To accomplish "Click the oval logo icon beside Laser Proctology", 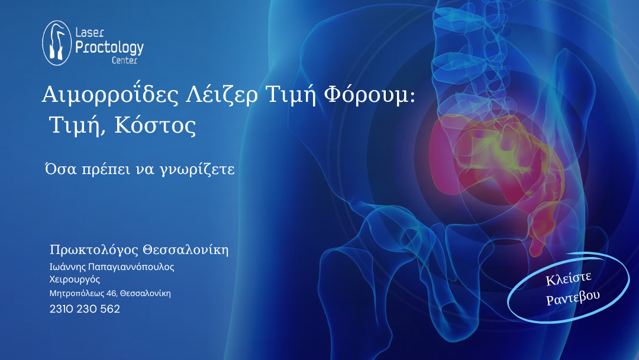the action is [x=57, y=43].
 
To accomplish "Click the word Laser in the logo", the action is [x=90, y=32].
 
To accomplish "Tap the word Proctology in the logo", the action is [x=109, y=48].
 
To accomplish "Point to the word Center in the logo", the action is [x=125, y=60].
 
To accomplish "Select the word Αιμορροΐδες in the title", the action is [x=110, y=94].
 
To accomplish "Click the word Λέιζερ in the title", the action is [x=222, y=94].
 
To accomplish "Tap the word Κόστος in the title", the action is [x=155, y=125].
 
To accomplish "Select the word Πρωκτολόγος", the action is [x=93, y=250].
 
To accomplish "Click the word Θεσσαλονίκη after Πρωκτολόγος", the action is [x=185, y=249].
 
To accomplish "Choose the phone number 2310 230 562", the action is [x=85, y=309].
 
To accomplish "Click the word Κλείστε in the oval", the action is [x=569, y=278].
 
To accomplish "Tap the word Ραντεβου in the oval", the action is [x=573, y=297].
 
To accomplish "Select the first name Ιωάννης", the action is [x=67, y=267].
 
